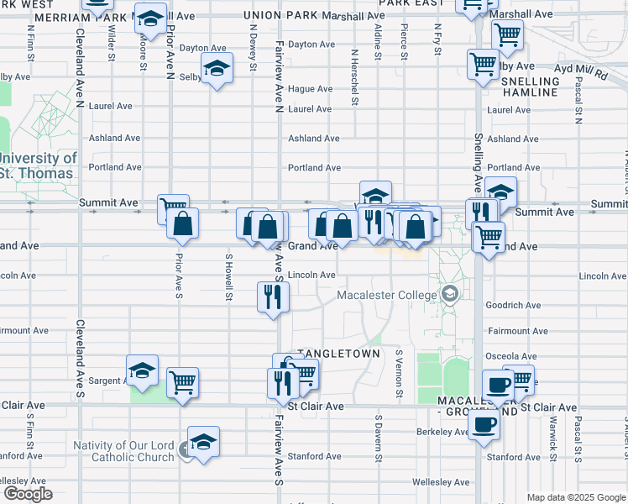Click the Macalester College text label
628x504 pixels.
386,295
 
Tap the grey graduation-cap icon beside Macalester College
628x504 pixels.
451,294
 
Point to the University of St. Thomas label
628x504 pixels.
39,165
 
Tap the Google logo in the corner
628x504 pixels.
28,494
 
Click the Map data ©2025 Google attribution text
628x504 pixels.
575,497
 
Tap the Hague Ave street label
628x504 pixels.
310,89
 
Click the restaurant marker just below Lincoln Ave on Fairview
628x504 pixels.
273,297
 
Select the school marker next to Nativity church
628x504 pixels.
203,441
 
